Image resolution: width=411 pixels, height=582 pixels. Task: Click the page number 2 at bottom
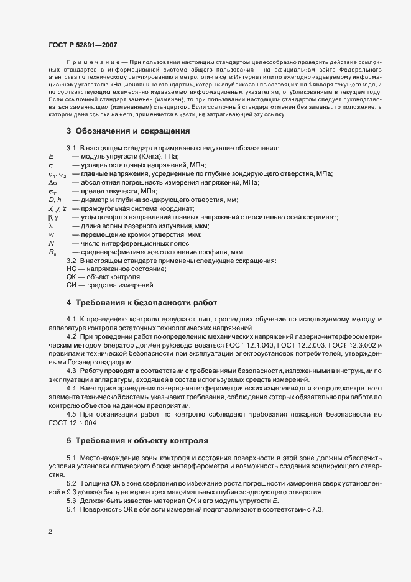point(50,532)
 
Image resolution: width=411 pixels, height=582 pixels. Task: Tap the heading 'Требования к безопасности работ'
point(146,302)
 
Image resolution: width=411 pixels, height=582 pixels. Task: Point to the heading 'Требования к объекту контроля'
point(141,441)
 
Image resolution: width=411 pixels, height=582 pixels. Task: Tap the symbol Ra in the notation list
point(52,252)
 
